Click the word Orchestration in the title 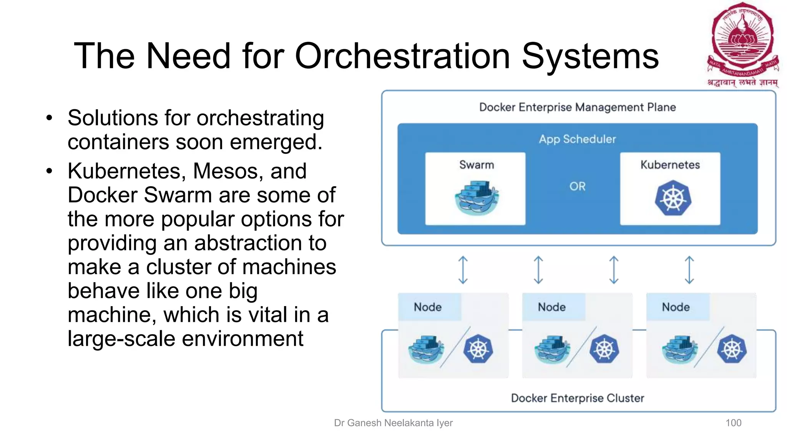coord(402,56)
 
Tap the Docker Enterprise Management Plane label coord(577,107)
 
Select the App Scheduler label coord(577,139)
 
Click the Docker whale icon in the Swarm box coord(476,198)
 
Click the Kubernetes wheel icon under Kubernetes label coord(672,198)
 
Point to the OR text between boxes coord(577,187)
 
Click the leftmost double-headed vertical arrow coord(463,270)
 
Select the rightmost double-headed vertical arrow coord(689,270)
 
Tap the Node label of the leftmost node coord(428,307)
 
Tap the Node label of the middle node coord(552,307)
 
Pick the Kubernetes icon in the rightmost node coord(732,350)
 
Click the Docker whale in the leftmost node coord(425,350)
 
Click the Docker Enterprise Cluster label coord(577,398)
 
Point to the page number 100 coord(733,423)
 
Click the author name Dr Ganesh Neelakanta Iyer coord(393,423)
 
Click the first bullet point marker coord(49,118)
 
